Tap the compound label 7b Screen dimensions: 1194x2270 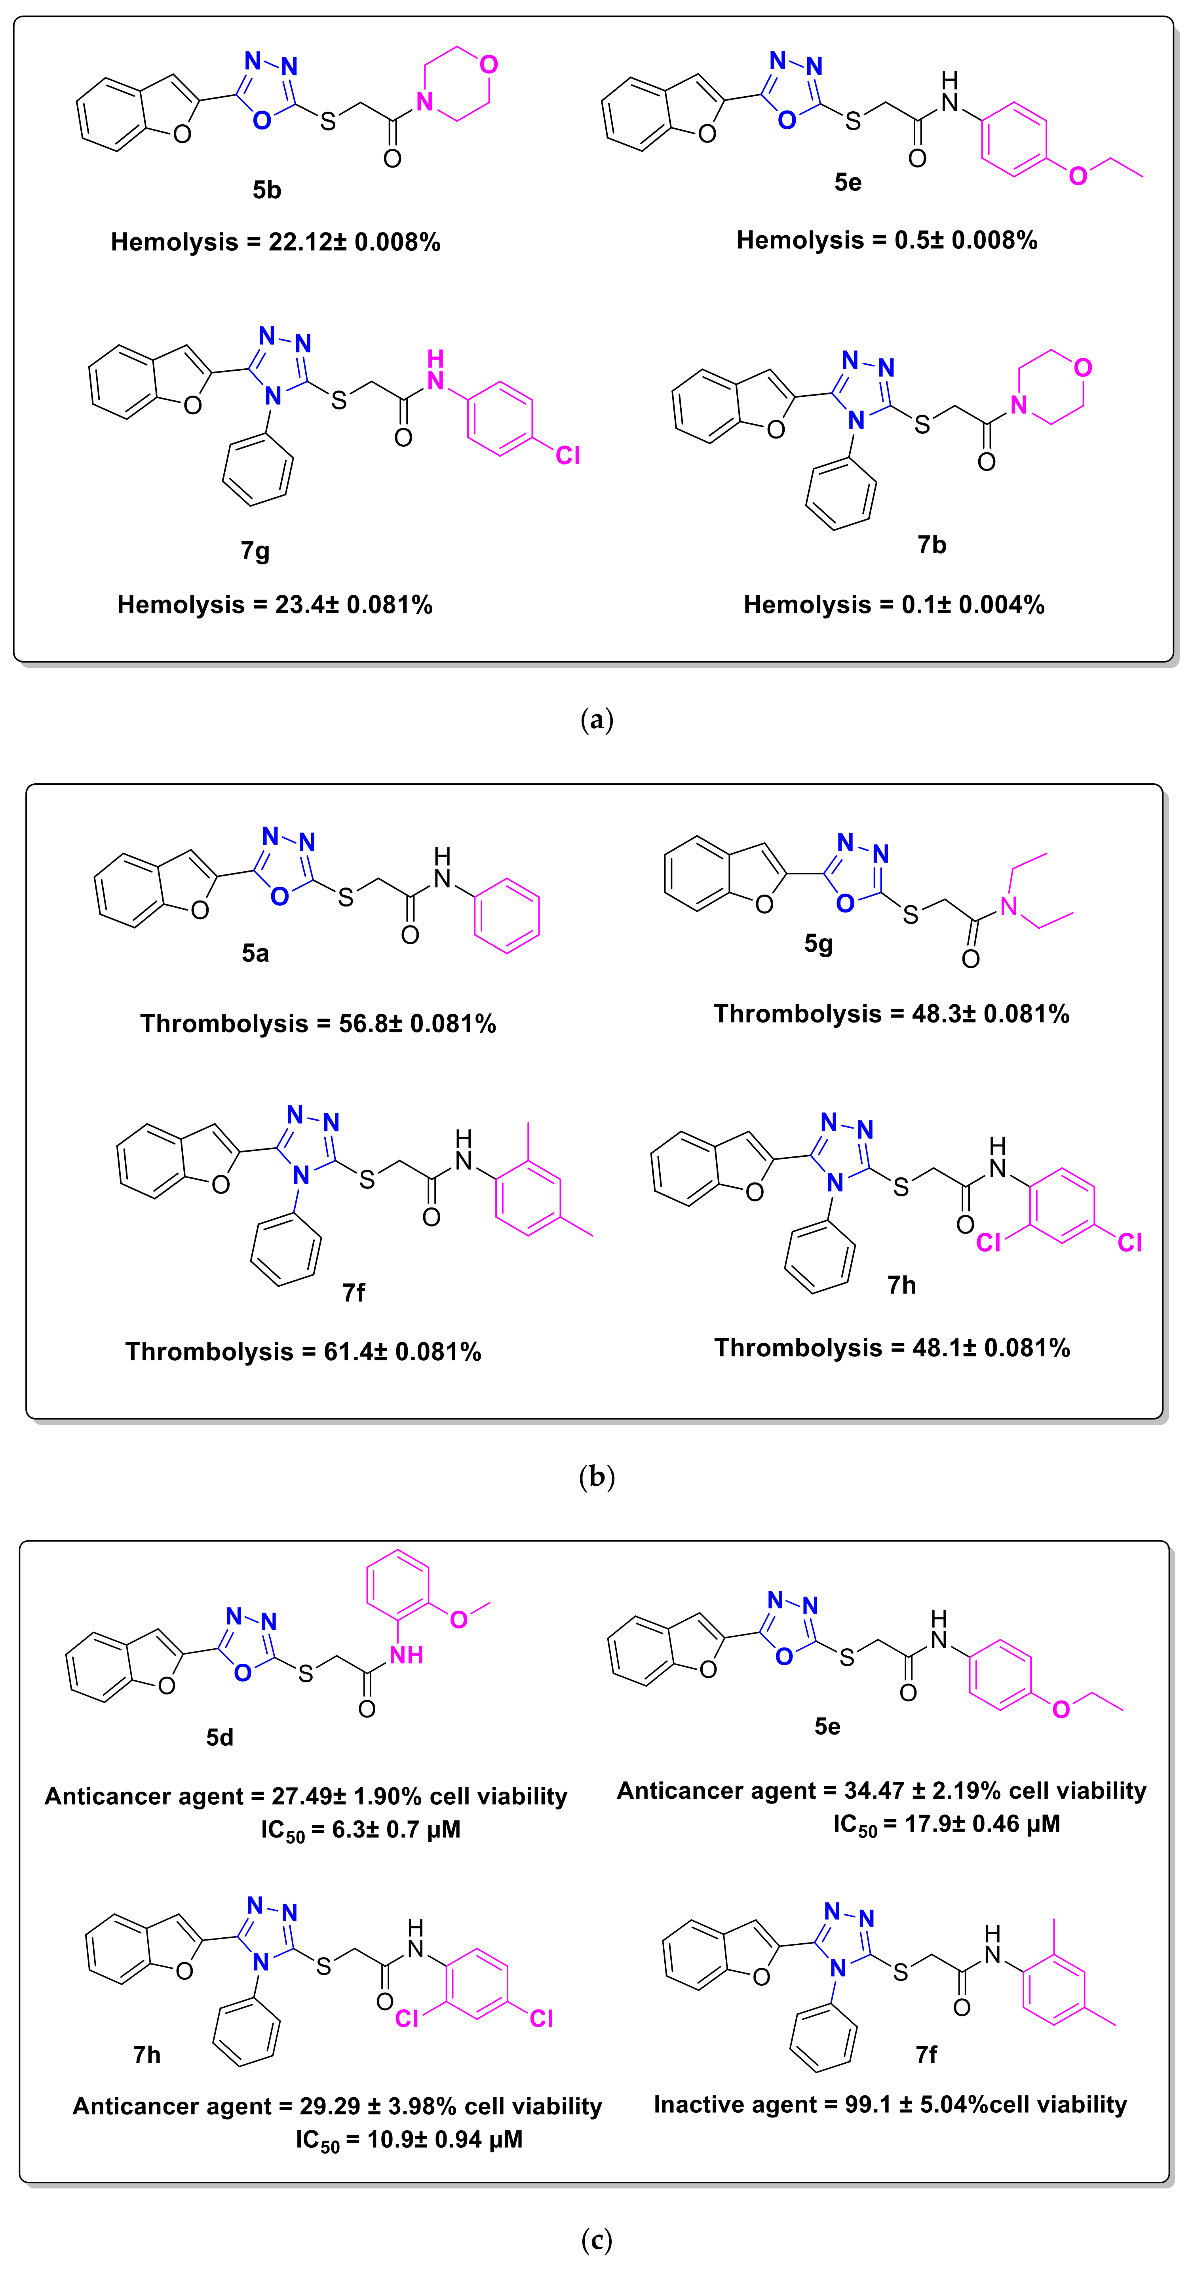coord(932,545)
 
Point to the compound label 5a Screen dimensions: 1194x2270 coord(255,952)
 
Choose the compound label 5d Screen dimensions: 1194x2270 coord(219,1737)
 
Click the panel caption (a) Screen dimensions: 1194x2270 coord(597,720)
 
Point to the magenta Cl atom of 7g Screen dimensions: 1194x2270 coord(567,455)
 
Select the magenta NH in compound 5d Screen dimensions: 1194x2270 coord(406,1655)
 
